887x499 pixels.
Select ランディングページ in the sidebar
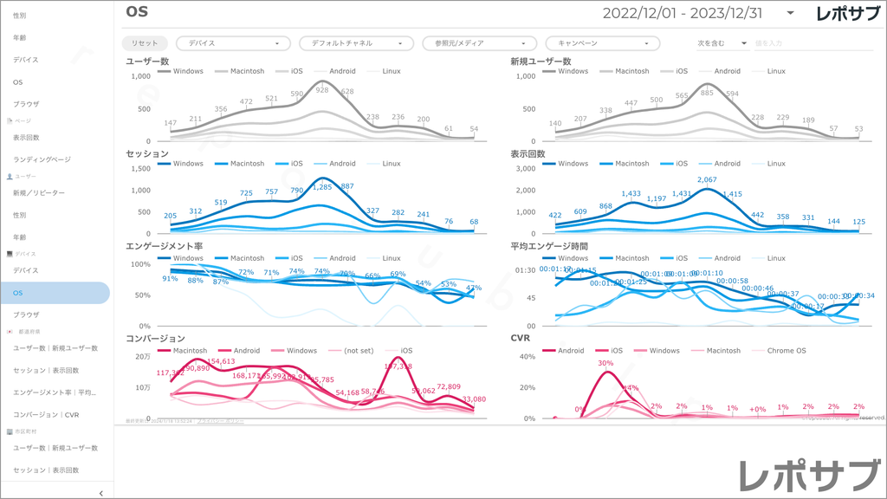[42, 159]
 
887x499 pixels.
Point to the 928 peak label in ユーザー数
[321, 90]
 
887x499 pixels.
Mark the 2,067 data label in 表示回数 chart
[707, 179]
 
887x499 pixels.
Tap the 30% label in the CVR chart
[605, 364]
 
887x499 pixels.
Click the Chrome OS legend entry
[785, 351]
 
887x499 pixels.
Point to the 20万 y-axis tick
[144, 356]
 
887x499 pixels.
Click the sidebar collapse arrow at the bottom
[101, 493]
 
